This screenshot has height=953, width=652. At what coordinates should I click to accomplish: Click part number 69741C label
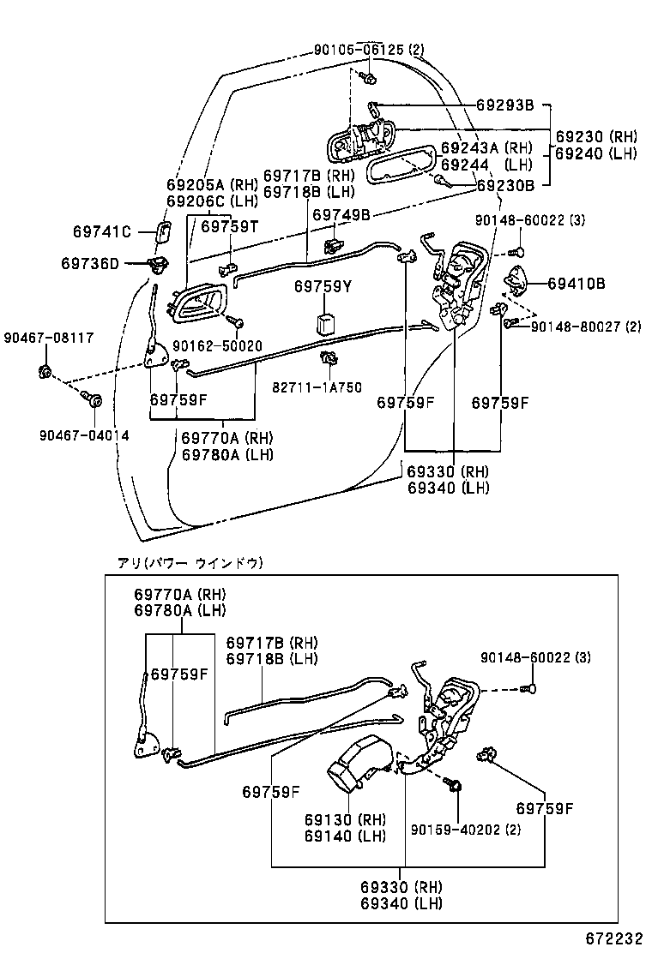pyautogui.click(x=101, y=231)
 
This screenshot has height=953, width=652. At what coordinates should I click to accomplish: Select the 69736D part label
pyautogui.click(x=90, y=264)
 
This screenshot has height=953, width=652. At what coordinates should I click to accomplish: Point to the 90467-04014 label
pyautogui.click(x=83, y=435)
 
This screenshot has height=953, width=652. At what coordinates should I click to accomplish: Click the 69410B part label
pyautogui.click(x=577, y=283)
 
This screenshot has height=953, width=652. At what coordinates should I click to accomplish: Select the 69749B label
pyautogui.click(x=341, y=215)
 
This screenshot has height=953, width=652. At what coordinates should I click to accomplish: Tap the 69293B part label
pyautogui.click(x=505, y=105)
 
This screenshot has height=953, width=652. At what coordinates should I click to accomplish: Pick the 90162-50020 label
pyautogui.click(x=217, y=345)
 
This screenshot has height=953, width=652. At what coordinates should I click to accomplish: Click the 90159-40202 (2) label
pyautogui.click(x=465, y=830)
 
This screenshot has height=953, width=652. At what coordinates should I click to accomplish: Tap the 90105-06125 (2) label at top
pyautogui.click(x=369, y=50)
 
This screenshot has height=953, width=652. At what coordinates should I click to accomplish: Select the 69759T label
pyautogui.click(x=230, y=226)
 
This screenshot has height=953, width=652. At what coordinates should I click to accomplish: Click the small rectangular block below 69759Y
pyautogui.click(x=326, y=325)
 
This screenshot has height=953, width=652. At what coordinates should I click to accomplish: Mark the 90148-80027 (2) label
pyautogui.click(x=585, y=327)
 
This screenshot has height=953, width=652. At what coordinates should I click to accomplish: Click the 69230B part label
pyautogui.click(x=505, y=184)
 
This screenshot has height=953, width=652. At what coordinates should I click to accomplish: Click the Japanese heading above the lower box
pyautogui.click(x=190, y=563)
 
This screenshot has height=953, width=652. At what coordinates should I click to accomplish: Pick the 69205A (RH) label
pyautogui.click(x=212, y=184)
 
